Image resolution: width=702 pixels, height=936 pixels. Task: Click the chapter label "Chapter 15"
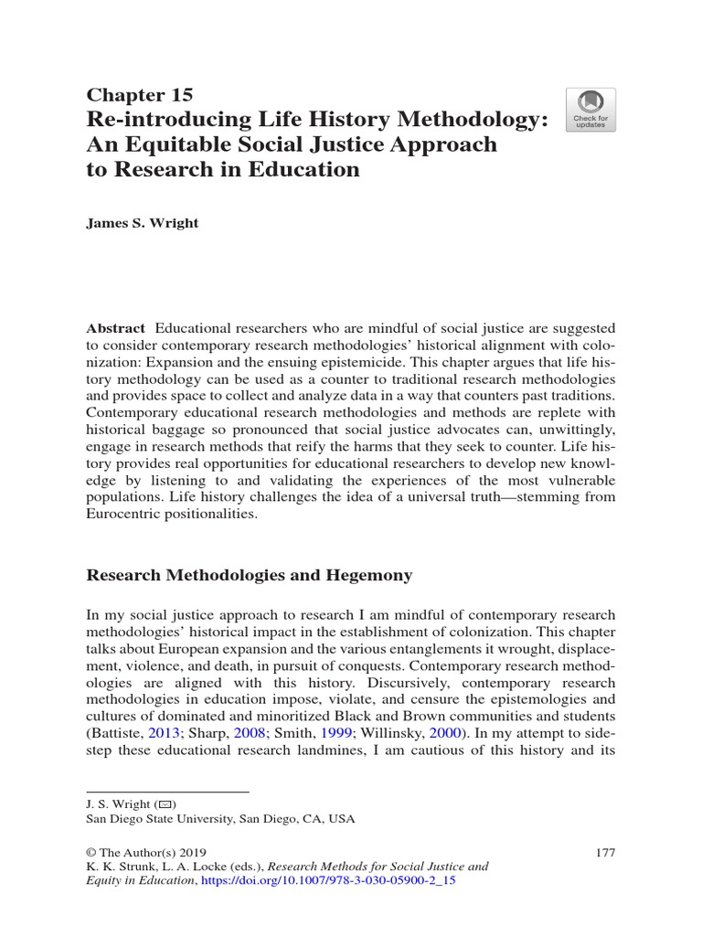click(139, 94)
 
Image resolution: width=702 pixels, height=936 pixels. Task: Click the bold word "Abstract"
click(116, 328)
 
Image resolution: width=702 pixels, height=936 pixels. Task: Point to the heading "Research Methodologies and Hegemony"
click(249, 575)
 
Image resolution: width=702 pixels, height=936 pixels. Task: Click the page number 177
click(605, 853)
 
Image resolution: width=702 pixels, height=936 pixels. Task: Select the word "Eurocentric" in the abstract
click(122, 514)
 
